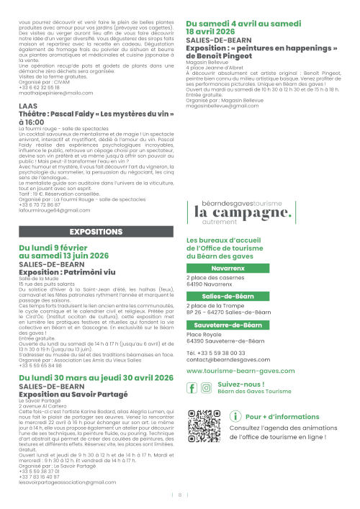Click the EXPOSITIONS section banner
96,232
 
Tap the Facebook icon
192,388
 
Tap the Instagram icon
207,388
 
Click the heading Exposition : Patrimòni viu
67,274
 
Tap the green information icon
235,416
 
